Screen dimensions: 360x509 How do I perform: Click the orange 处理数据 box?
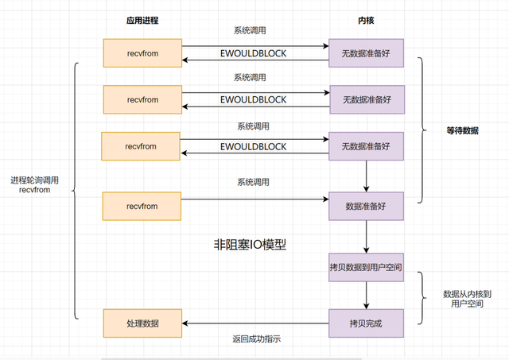click(142, 323)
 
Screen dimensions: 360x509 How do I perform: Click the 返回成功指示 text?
click(256, 339)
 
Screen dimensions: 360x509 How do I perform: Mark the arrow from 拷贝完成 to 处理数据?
click(254, 323)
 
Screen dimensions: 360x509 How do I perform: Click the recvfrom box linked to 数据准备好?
click(142, 207)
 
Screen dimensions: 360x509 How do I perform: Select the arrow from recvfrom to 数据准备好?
click(254, 200)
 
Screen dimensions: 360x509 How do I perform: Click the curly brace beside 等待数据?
click(422, 130)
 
